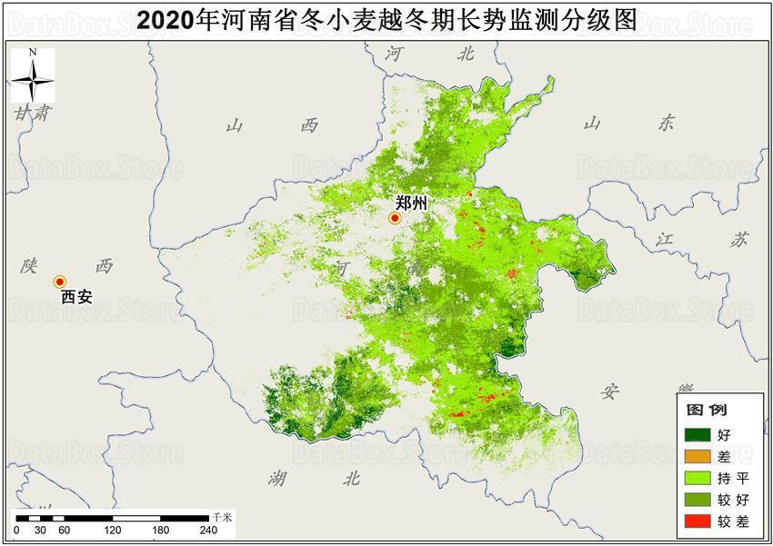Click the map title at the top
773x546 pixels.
click(x=386, y=20)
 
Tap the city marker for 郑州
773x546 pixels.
click(x=396, y=218)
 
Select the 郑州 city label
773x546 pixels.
click(x=411, y=204)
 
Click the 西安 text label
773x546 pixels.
click(x=76, y=297)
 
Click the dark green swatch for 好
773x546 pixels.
click(x=698, y=434)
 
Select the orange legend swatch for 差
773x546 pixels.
click(x=698, y=455)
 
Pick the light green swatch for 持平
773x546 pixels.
click(x=698, y=477)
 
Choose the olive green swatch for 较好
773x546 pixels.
click(x=698, y=498)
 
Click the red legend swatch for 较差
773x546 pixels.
click(x=698, y=520)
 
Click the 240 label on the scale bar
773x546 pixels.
click(x=208, y=531)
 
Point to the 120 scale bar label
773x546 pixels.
click(x=113, y=531)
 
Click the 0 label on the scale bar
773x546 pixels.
click(x=16, y=531)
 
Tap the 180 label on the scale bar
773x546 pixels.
click(x=160, y=531)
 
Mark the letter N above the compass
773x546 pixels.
click(x=32, y=54)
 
